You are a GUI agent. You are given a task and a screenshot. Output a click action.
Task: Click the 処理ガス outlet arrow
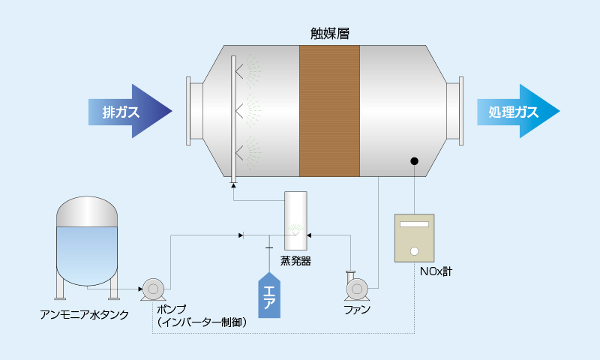pos(517,112)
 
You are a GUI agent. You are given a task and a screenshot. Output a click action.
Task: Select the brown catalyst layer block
pos(330,111)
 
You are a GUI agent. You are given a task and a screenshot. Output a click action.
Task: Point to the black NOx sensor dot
pos(414,160)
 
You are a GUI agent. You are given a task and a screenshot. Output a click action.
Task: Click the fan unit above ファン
pos(355,286)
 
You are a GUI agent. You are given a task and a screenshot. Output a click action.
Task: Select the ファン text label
pos(356,309)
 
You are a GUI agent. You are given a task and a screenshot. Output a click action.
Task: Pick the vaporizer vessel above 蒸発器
pos(295,220)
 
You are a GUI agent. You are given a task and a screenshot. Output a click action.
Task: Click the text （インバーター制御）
pos(202,322)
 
